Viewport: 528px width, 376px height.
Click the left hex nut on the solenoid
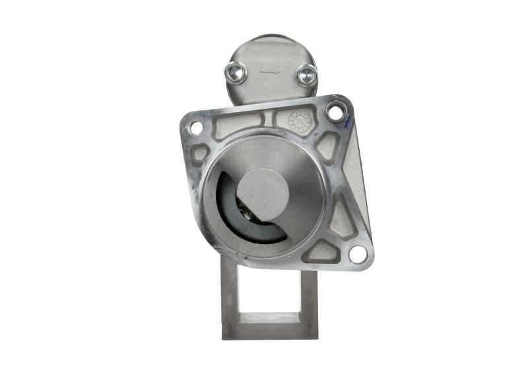tap(236, 72)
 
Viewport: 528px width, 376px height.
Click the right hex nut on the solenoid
tap(307, 75)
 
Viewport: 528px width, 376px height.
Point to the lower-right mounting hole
tap(358, 254)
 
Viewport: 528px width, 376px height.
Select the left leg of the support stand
tap(229, 297)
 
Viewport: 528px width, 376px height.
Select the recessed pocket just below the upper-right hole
tap(328, 145)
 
